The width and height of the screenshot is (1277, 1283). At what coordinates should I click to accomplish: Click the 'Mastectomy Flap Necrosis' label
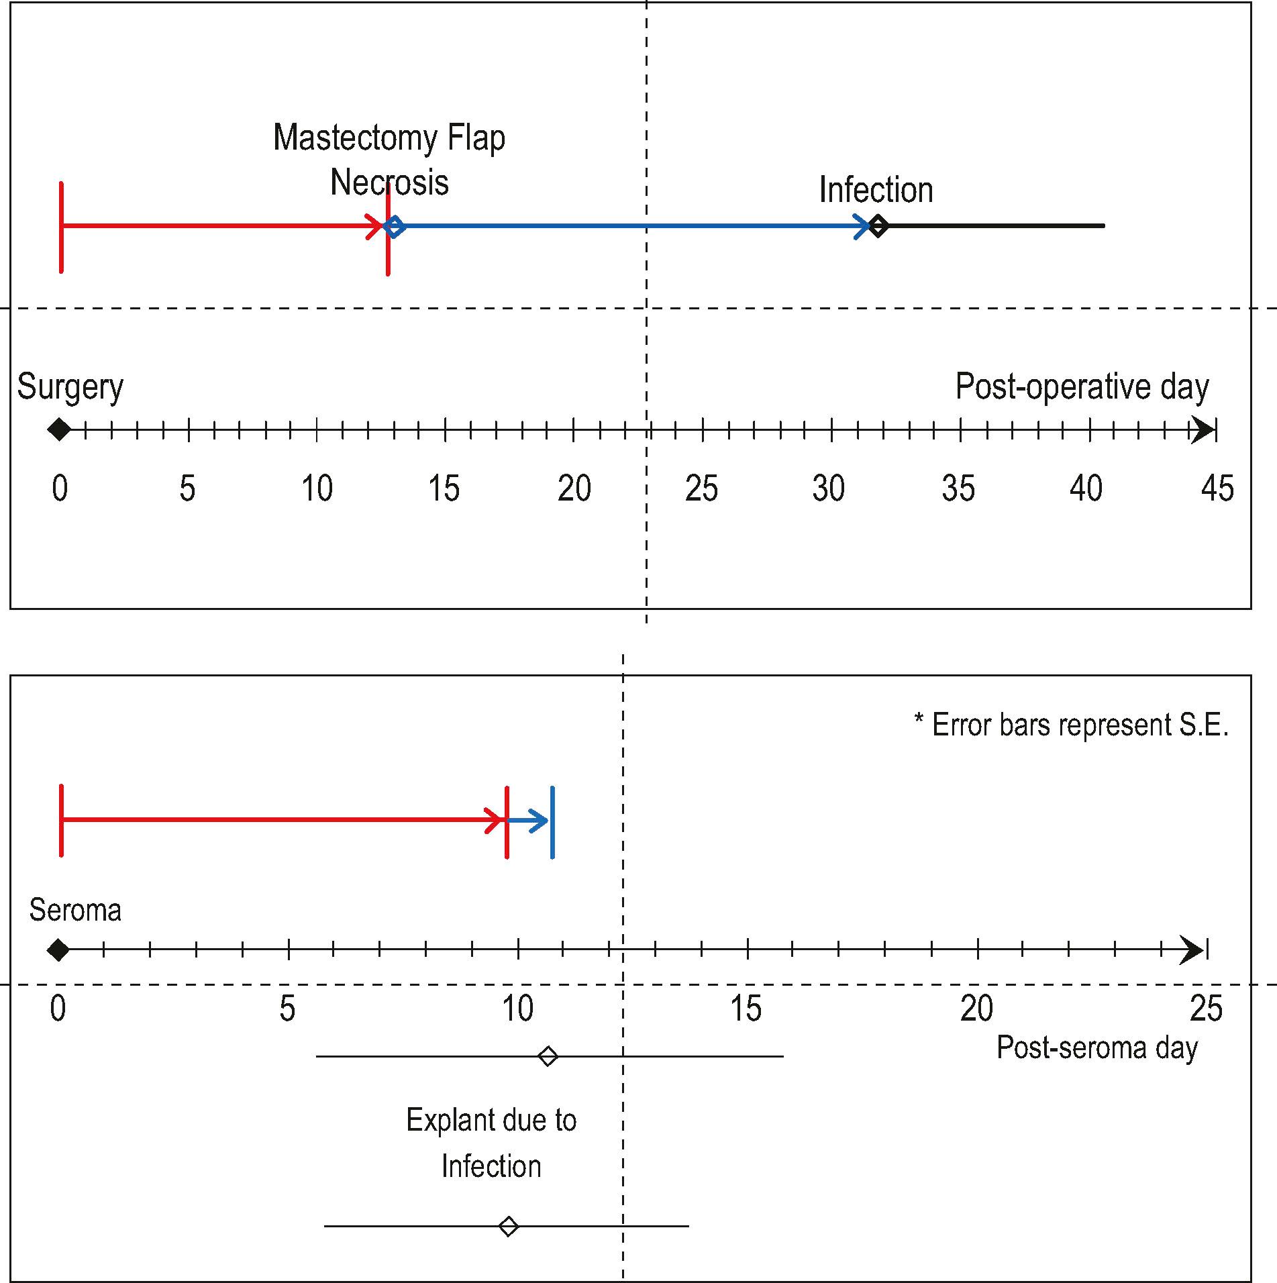(389, 160)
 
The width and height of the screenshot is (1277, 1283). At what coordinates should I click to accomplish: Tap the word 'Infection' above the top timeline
(876, 190)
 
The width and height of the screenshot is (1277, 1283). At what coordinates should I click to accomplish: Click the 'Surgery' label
(70, 387)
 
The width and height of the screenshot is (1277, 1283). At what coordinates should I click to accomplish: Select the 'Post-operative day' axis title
(1082, 387)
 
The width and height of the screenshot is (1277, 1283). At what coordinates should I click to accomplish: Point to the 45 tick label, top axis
(1217, 489)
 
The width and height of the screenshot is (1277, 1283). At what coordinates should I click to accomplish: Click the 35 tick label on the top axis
(958, 489)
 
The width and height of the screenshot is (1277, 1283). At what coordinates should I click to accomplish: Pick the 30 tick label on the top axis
(829, 489)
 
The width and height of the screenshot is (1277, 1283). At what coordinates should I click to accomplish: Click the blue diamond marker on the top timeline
(395, 226)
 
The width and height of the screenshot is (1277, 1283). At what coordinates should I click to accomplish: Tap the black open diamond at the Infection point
(878, 226)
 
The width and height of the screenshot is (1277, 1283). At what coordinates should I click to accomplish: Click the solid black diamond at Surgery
(59, 429)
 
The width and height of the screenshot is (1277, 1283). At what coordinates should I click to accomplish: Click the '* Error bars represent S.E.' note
(1071, 725)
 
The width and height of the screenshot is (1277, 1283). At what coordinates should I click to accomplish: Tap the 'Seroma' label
(75, 911)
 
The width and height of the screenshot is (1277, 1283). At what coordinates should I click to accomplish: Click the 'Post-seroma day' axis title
(1096, 1047)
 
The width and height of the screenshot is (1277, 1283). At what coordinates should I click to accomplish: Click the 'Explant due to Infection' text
(491, 1143)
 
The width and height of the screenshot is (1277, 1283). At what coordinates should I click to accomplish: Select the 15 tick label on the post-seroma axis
(746, 1009)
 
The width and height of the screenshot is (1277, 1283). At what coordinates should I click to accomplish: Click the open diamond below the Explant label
(509, 1227)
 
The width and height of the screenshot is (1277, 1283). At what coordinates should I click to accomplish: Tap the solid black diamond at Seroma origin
(58, 950)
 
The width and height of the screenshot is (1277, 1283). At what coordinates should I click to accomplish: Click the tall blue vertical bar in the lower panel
(552, 822)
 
